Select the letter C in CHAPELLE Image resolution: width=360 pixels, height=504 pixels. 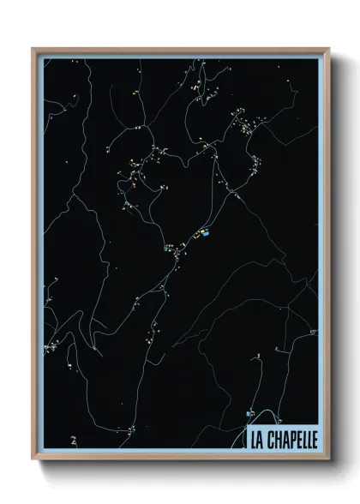click(272, 438)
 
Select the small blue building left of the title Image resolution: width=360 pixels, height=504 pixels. click(249, 413)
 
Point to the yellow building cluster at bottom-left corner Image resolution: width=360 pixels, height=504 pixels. click(74, 441)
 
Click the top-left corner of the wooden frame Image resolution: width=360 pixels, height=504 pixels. click(33, 49)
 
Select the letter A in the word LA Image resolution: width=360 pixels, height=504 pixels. click(261, 438)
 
